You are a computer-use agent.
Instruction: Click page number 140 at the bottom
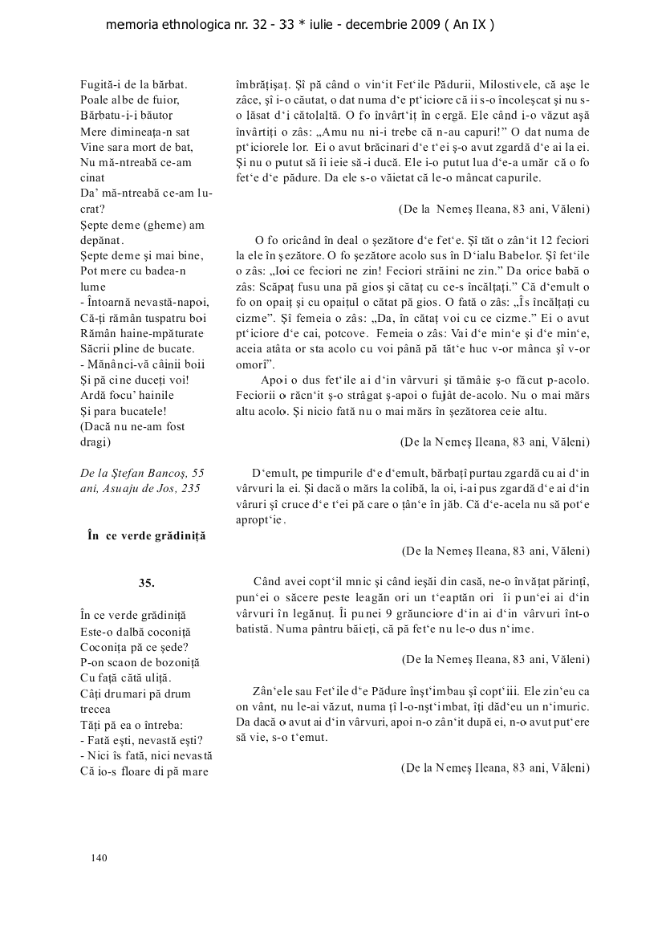point(99,858)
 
